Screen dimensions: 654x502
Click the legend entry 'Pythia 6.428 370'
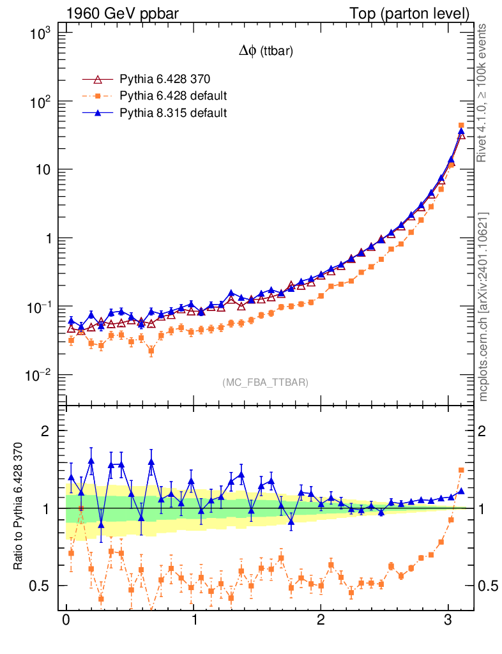[165, 80]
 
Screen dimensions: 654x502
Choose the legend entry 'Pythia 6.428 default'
[173, 96]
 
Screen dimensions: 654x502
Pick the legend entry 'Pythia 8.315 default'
[173, 112]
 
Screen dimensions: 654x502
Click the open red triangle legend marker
[98, 80]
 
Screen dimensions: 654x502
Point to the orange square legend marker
[98, 96]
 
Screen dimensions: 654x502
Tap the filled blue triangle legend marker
[98, 112]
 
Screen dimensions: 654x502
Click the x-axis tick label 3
[448, 620]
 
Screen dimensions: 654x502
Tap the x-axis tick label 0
[66, 620]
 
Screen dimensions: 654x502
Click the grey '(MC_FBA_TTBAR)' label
[266, 383]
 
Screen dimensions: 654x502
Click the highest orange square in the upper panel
[461, 126]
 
